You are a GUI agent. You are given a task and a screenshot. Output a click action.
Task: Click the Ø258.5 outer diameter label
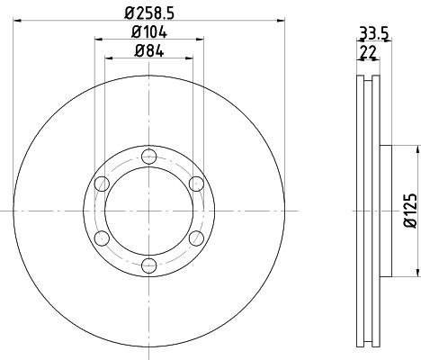tap(149, 13)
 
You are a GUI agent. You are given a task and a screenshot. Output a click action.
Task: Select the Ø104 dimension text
tap(149, 32)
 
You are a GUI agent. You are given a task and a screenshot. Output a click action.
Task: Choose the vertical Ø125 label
tap(409, 210)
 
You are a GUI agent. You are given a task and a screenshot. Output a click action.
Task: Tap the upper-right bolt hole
tap(194, 185)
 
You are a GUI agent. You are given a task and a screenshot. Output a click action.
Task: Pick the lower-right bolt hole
tap(194, 238)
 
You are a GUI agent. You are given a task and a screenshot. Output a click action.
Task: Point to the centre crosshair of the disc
tap(149, 211)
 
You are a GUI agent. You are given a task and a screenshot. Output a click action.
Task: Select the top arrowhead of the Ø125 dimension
tap(417, 149)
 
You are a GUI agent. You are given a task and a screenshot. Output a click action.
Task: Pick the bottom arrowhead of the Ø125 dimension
tap(417, 274)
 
